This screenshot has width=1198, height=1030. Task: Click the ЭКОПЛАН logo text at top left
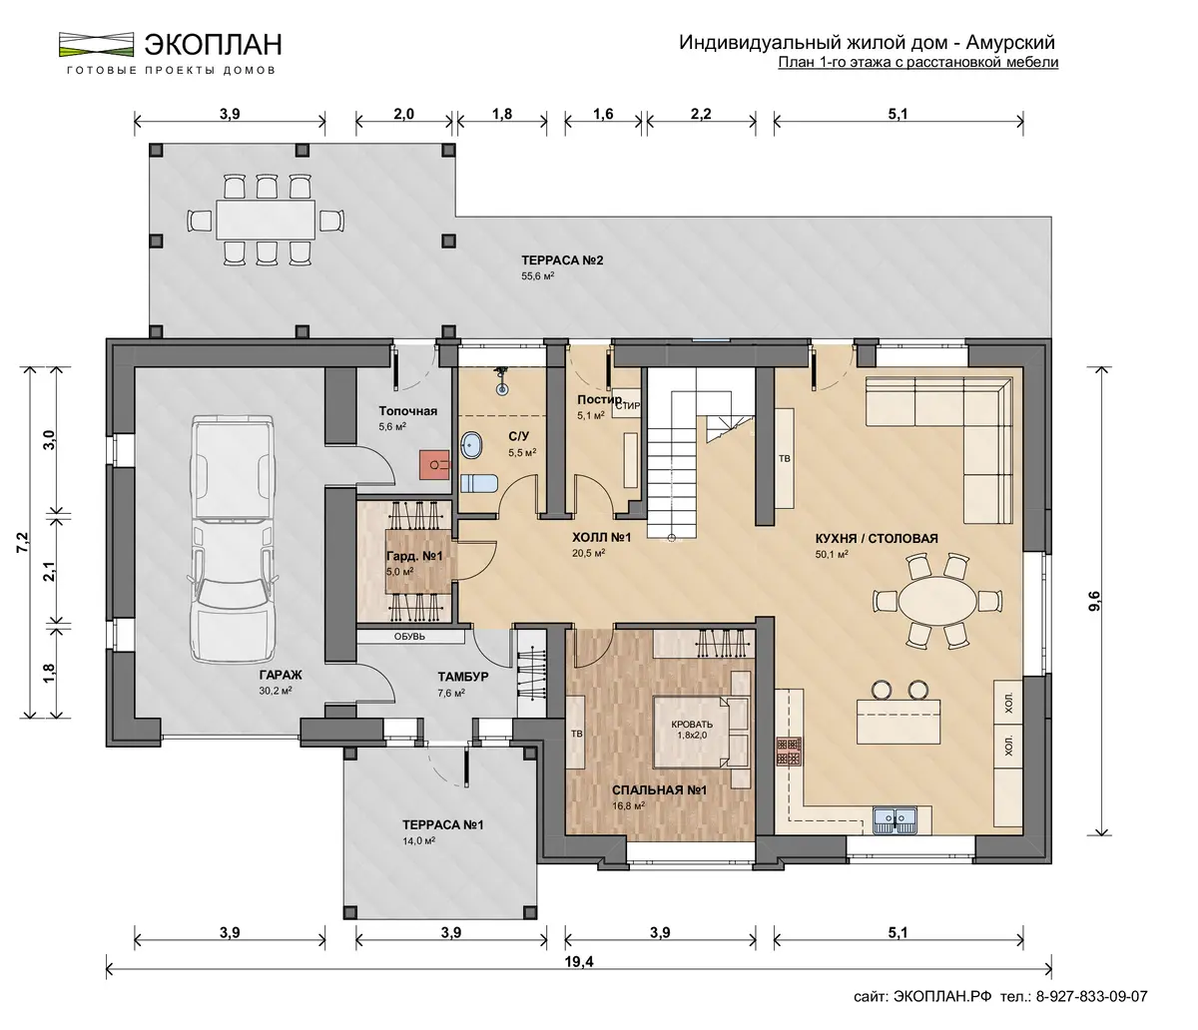[x=214, y=45]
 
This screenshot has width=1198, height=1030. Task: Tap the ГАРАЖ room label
[x=281, y=675]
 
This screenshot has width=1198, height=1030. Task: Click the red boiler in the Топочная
[x=435, y=464]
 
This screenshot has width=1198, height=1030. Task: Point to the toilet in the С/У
[x=479, y=484]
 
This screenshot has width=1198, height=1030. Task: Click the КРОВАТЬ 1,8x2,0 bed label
[x=692, y=730]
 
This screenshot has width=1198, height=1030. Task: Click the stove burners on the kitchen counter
[x=789, y=752]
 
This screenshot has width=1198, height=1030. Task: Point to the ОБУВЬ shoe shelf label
[x=409, y=637]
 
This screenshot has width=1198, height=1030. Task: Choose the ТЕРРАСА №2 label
[x=562, y=260]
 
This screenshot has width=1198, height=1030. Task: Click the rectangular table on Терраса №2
[x=266, y=220]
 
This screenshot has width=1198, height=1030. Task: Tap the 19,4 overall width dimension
[x=579, y=962]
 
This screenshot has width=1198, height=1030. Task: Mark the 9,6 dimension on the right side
[x=1094, y=601]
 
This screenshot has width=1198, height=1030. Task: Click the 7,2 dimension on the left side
[x=23, y=542]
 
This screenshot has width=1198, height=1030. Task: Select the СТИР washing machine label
[x=628, y=406]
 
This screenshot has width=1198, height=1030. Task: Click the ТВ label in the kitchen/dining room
[x=784, y=459]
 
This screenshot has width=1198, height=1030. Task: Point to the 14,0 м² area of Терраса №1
[x=419, y=840]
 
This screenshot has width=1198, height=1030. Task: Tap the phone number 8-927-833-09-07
[x=1091, y=996]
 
